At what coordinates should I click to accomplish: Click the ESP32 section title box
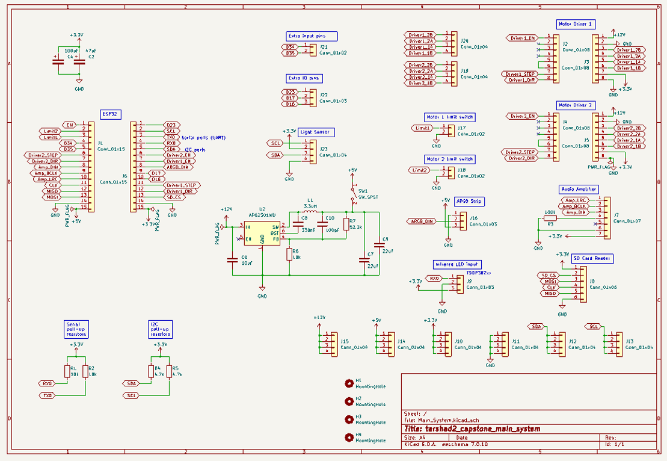pyautogui.click(x=111, y=113)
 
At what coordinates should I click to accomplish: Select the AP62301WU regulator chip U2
pyautogui.click(x=262, y=232)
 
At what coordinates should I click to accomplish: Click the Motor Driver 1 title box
pyautogui.click(x=576, y=24)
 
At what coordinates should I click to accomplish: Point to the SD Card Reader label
pyautogui.click(x=592, y=258)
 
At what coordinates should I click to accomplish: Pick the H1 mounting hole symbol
pyautogui.click(x=348, y=383)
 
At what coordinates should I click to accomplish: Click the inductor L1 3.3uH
pyautogui.click(x=310, y=212)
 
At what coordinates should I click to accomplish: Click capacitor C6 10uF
pyautogui.click(x=232, y=260)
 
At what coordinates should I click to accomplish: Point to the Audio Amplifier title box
pyautogui.click(x=579, y=189)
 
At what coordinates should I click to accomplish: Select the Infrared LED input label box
pyautogui.click(x=456, y=264)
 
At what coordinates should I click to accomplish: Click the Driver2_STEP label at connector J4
pyautogui.click(x=521, y=152)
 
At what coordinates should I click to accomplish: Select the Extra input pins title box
pyautogui.click(x=312, y=36)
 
